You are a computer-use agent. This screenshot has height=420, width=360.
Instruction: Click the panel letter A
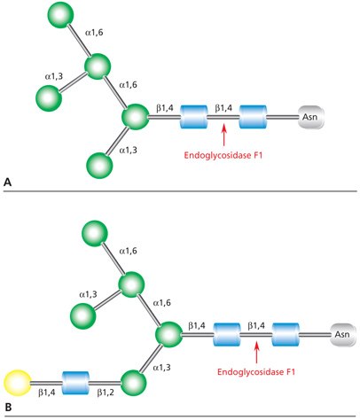coord(8,181)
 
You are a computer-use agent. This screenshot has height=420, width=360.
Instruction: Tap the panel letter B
coord(8,407)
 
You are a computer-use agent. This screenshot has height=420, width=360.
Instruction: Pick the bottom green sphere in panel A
coord(99,164)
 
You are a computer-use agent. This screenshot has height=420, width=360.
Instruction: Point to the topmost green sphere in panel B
coord(95,234)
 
